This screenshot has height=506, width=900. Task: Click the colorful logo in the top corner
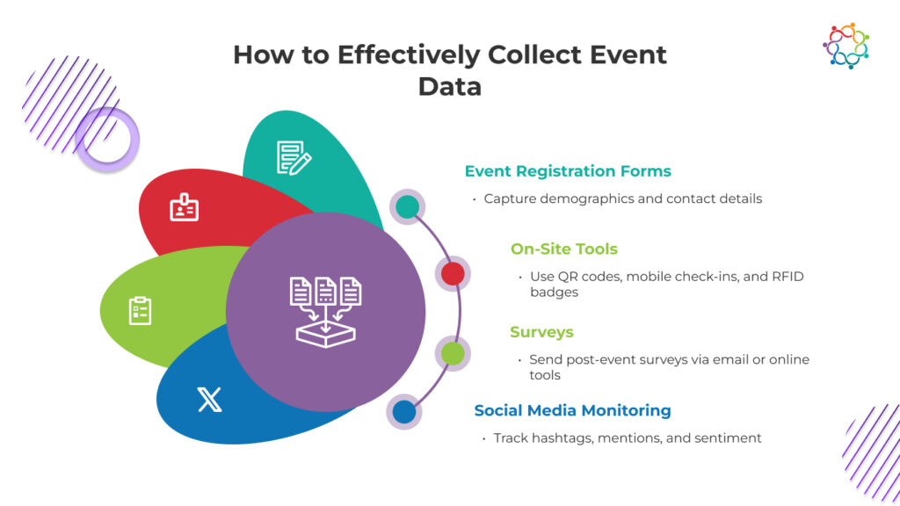click(846, 46)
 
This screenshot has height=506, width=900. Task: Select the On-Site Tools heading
click(565, 249)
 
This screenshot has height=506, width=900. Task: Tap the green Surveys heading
click(541, 332)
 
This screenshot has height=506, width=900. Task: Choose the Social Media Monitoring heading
click(572, 410)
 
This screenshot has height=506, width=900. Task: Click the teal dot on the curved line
click(407, 206)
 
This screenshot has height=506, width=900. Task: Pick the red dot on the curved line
click(453, 274)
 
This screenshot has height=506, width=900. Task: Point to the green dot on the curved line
click(453, 353)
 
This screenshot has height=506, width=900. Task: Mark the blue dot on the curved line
click(404, 411)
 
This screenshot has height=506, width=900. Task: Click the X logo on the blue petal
click(209, 400)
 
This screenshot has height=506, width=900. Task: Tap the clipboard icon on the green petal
click(140, 310)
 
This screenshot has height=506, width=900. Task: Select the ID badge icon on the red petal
click(184, 207)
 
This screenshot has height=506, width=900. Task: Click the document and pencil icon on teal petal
click(294, 157)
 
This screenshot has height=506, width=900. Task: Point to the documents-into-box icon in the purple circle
click(325, 312)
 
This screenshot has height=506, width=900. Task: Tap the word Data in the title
click(450, 86)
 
